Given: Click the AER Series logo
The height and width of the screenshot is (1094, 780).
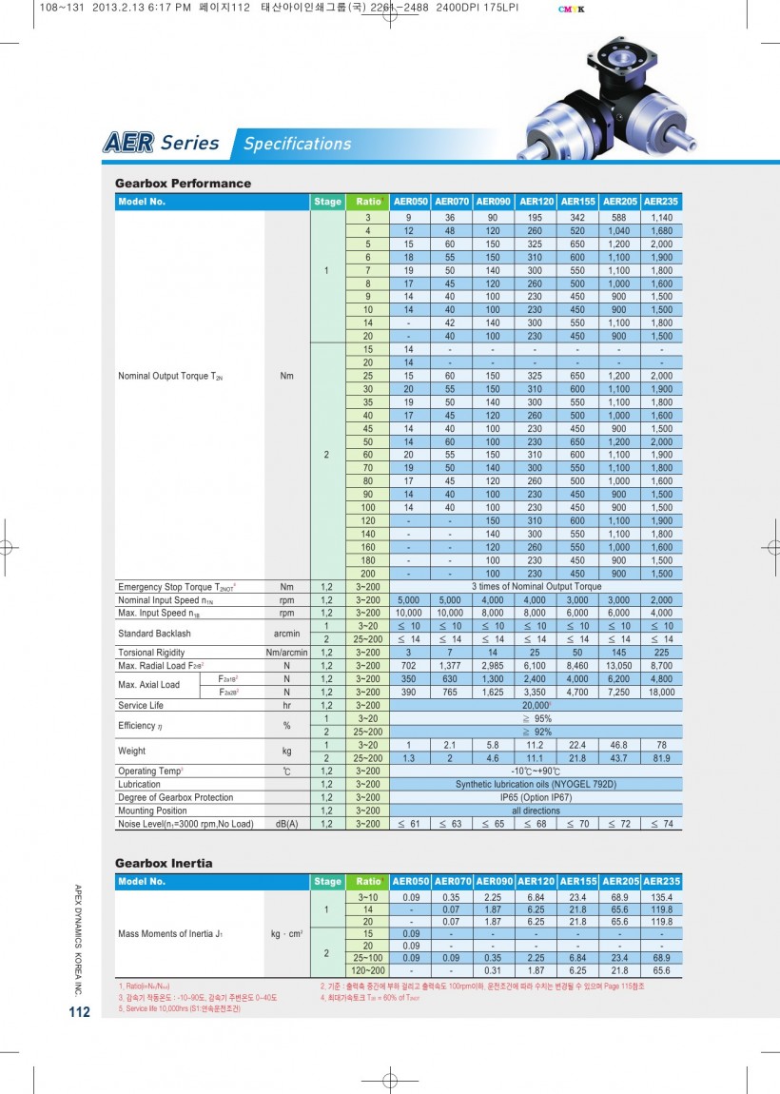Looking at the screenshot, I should pyautogui.click(x=162, y=144).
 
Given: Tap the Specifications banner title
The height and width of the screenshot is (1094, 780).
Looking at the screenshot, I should pyautogui.click(x=297, y=144).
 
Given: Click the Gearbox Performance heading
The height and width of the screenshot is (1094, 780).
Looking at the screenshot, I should pyautogui.click(x=183, y=183).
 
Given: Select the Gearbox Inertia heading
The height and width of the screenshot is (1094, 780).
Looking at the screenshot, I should pyautogui.click(x=164, y=863).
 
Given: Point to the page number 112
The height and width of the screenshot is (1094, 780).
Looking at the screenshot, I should pyautogui.click(x=79, y=1011).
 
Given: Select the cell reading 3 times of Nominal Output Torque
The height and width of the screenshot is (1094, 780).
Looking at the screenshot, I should pyautogui.click(x=536, y=587).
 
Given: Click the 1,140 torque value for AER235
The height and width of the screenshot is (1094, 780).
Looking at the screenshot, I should pyautogui.click(x=660, y=218).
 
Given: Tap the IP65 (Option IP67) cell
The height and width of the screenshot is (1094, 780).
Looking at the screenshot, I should pyautogui.click(x=536, y=797).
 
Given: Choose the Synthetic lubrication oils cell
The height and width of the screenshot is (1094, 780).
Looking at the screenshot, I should pyautogui.click(x=536, y=784).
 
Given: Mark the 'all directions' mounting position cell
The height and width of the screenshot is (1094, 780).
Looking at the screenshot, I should pyautogui.click(x=536, y=811).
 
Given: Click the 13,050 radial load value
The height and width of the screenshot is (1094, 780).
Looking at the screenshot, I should pyautogui.click(x=619, y=666).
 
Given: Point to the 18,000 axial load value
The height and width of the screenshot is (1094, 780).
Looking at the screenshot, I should pyautogui.click(x=660, y=692).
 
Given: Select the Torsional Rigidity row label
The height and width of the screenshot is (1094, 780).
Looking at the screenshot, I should pyautogui.click(x=150, y=653).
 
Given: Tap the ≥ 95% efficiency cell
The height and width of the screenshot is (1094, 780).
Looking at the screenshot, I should pyautogui.click(x=536, y=718).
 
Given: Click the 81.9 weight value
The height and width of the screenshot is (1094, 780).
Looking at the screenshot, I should pyautogui.click(x=660, y=757).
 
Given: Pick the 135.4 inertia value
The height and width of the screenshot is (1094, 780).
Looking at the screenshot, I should pyautogui.click(x=660, y=897).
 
